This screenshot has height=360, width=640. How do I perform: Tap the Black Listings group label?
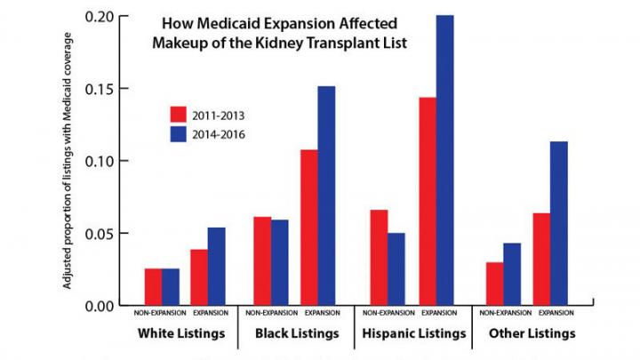click(x=296, y=334)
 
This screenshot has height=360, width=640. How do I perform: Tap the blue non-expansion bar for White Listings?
click(x=171, y=287)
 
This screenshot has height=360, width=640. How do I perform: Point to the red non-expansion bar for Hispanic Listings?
click(x=380, y=258)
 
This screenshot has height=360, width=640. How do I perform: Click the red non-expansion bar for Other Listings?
click(x=494, y=284)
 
